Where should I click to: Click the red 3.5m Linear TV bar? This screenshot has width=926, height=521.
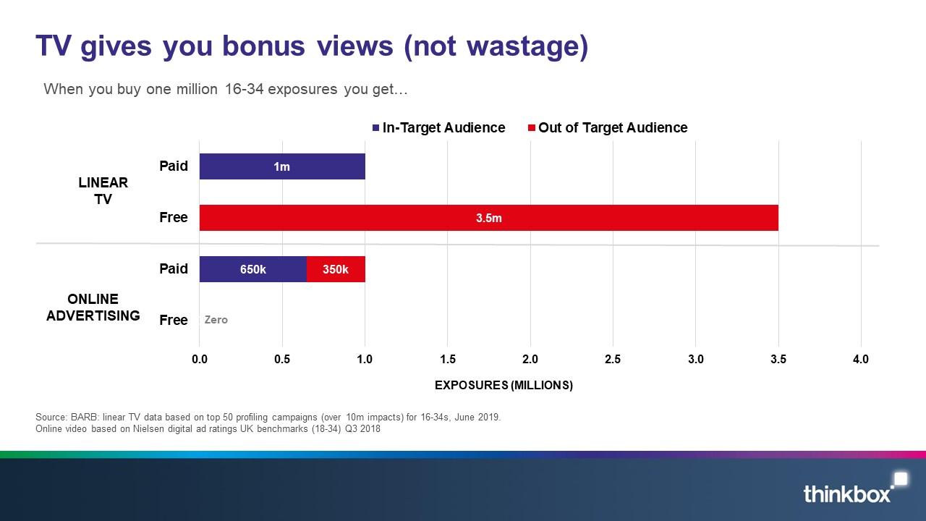[488, 218]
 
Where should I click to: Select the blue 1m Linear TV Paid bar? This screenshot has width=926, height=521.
[282, 166]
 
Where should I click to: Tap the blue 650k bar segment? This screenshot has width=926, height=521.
[253, 269]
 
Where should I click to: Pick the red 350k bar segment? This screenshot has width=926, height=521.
[336, 269]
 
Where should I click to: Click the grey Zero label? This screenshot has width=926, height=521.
[216, 320]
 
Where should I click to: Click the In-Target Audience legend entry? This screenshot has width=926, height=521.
[438, 127]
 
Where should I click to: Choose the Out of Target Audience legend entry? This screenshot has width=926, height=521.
[608, 127]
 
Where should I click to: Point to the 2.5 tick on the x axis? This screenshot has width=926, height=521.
[613, 359]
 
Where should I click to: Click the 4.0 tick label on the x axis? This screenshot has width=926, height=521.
[861, 359]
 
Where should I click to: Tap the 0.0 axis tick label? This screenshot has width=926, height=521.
[200, 359]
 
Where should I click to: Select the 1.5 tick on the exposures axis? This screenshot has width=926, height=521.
[448, 359]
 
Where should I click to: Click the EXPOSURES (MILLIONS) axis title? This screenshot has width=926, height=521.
[504, 385]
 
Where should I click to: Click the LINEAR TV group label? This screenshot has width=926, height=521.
[103, 190]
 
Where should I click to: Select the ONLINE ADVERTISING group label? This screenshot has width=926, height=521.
[93, 308]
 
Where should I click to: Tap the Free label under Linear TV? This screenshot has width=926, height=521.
[174, 217]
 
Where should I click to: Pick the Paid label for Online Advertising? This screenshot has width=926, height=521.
[174, 268]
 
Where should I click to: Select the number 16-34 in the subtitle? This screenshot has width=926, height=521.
[244, 89]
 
